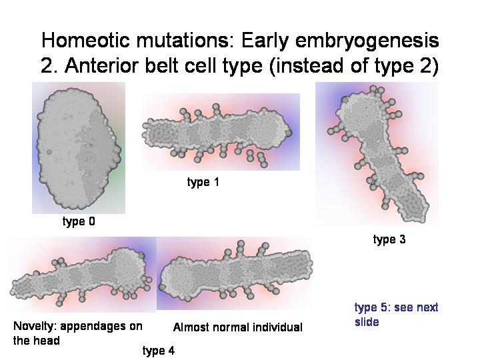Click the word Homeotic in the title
point(85,40)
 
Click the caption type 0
point(79,221)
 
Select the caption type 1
point(203,182)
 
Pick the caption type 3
point(389,239)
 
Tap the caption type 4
point(158,351)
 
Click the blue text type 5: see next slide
point(397,315)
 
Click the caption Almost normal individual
point(237,327)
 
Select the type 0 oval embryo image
point(79,148)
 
